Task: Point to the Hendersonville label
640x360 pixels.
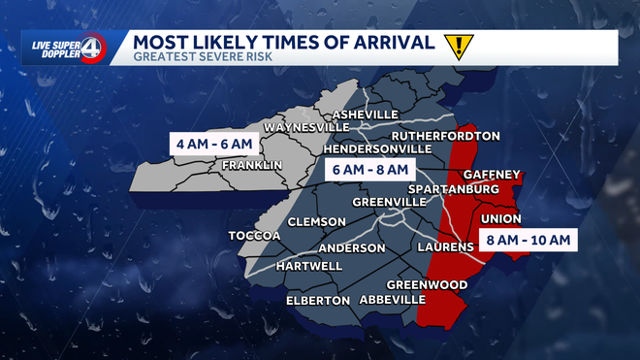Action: (376, 149)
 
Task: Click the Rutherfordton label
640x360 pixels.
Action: (445, 136)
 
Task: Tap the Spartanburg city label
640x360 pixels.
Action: (454, 187)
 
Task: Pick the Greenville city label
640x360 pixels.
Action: (390, 202)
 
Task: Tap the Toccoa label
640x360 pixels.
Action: (253, 236)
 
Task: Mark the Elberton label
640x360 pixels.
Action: (317, 301)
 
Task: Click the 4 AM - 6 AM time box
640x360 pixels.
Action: (214, 145)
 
